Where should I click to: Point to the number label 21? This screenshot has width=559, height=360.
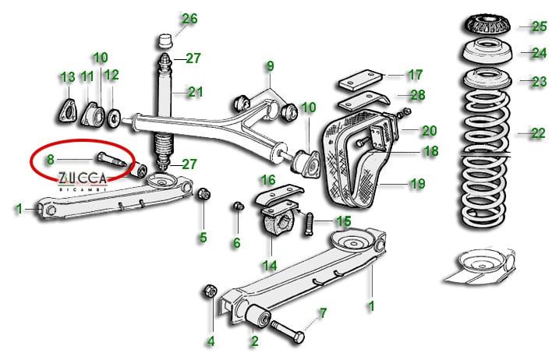[x=194, y=92]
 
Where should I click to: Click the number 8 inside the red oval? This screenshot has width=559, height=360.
[x=50, y=159]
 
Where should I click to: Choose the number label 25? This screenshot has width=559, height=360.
[x=540, y=26]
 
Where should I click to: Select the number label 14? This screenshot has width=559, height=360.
[x=270, y=265]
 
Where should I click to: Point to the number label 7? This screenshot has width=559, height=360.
[x=323, y=313]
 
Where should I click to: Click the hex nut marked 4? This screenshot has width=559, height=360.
[x=209, y=291]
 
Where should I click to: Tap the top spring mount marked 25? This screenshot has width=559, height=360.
[x=487, y=25]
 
